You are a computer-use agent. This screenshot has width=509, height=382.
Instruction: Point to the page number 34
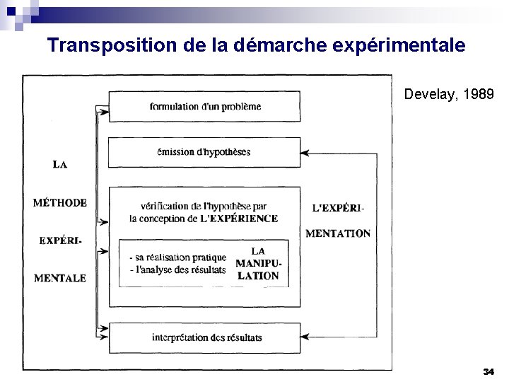(x=488, y=371)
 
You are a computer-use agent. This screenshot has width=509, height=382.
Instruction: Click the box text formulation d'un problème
(x=205, y=107)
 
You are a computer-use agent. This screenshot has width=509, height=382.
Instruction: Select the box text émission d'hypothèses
(x=204, y=152)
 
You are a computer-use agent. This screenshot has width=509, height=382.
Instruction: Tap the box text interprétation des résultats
(x=206, y=337)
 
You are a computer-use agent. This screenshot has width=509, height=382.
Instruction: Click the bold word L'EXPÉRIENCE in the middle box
(x=239, y=219)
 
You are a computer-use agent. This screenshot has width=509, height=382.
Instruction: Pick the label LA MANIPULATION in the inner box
(x=258, y=263)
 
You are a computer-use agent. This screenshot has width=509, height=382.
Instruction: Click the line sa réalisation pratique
(x=177, y=257)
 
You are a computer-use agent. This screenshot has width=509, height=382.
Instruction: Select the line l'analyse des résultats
(x=177, y=270)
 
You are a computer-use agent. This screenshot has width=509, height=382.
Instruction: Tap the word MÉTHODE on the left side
(x=60, y=203)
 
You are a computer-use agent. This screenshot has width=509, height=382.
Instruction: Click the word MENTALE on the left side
(x=60, y=278)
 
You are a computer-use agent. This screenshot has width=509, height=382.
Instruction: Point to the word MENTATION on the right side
(x=338, y=233)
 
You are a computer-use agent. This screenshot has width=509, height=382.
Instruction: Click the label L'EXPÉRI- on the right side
(x=339, y=209)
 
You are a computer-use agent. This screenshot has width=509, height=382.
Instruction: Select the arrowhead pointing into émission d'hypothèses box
(x=305, y=152)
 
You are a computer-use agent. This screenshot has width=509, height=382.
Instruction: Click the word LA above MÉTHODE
(x=60, y=165)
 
